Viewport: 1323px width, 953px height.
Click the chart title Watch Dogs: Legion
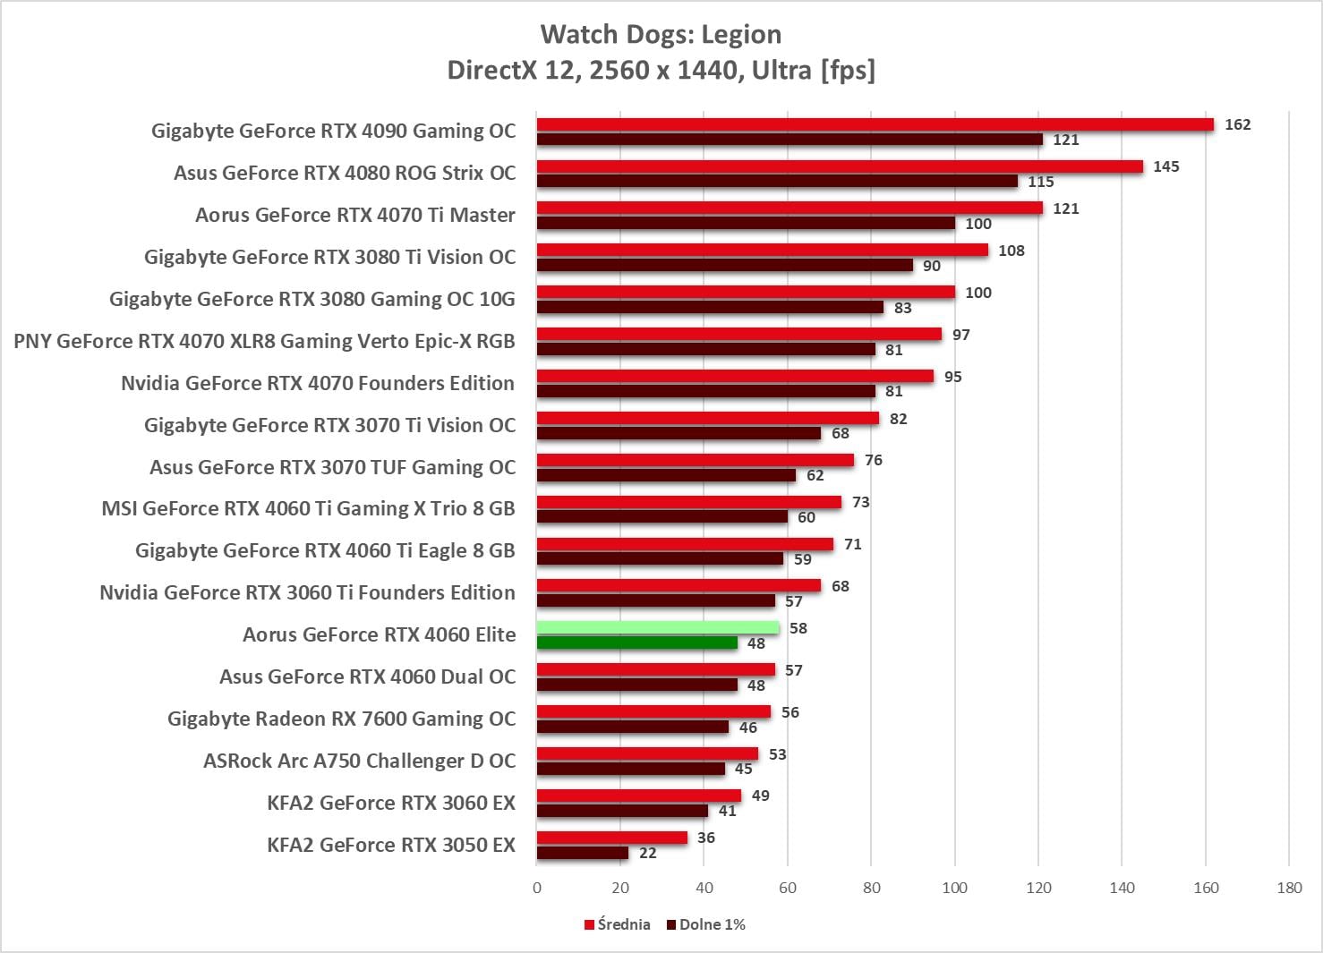click(x=661, y=34)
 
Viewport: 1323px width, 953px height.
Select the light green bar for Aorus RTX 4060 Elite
click(x=658, y=628)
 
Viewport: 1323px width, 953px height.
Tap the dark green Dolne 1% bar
click(x=637, y=642)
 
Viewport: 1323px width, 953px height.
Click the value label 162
click(x=1237, y=124)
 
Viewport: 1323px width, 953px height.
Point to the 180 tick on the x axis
click(x=1289, y=888)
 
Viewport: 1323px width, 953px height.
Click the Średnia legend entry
click(x=618, y=924)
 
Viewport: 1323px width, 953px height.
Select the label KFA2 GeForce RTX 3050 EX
click(x=391, y=845)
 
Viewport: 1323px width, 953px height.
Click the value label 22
click(x=648, y=853)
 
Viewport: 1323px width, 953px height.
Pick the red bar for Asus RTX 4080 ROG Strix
click(x=840, y=166)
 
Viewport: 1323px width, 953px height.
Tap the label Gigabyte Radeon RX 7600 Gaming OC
click(x=341, y=719)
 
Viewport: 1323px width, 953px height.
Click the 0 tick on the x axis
click(x=537, y=888)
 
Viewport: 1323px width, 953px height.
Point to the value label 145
click(x=1165, y=166)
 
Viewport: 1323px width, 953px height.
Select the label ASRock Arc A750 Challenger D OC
click(x=359, y=761)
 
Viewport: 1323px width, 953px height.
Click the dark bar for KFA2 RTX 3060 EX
click(x=622, y=811)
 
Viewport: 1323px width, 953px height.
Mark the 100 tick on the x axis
click(x=955, y=888)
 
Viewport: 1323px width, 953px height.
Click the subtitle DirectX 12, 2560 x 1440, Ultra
click(x=661, y=70)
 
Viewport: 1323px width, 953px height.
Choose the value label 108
click(x=1011, y=251)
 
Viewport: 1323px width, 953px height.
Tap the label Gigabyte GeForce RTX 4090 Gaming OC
click(x=333, y=131)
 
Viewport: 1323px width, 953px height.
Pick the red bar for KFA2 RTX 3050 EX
click(x=612, y=838)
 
